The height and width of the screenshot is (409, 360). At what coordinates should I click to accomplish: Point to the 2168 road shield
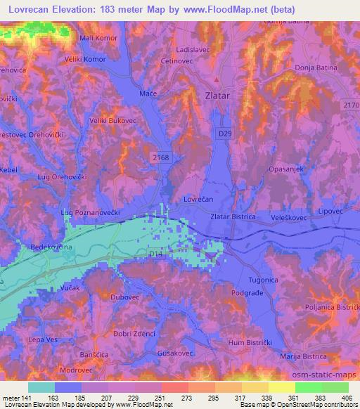160,158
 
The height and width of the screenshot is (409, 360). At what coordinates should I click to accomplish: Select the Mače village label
148,93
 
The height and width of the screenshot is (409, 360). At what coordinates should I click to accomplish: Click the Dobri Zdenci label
134,333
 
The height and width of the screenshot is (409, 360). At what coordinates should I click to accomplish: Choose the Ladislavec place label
195,51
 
